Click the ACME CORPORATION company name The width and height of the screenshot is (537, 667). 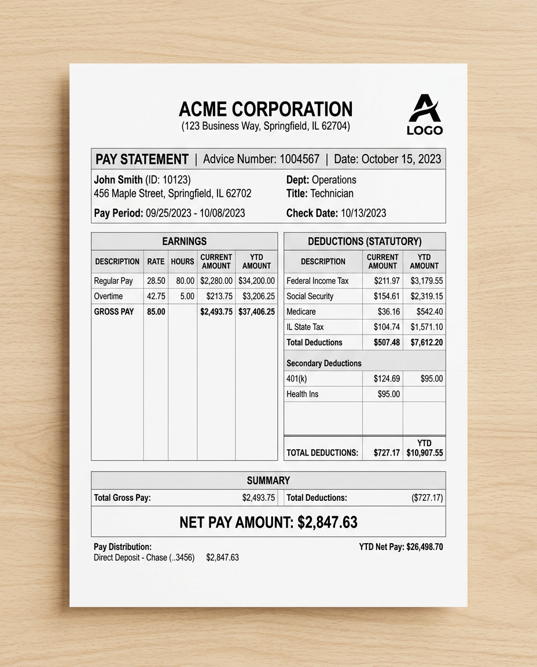point(266,109)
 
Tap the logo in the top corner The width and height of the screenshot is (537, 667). point(425,115)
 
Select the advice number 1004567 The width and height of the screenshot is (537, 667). point(299,159)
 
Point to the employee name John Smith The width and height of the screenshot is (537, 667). point(119,179)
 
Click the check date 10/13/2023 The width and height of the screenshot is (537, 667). point(363,213)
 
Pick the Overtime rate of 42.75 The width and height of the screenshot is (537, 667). point(156,296)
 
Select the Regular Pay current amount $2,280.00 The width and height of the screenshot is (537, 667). point(216,281)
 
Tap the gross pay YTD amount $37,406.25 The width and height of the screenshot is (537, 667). point(256,311)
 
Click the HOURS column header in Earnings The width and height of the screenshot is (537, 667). point(182,261)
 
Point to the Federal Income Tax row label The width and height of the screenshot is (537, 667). point(318,281)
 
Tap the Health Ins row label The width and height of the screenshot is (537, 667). point(302,394)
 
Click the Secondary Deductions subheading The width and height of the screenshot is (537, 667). point(323,363)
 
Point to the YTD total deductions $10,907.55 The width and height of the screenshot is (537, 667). point(425,453)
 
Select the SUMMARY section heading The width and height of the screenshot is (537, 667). point(268,481)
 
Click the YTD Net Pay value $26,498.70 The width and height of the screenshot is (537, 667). point(425,547)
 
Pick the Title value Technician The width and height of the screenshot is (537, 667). point(332,193)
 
